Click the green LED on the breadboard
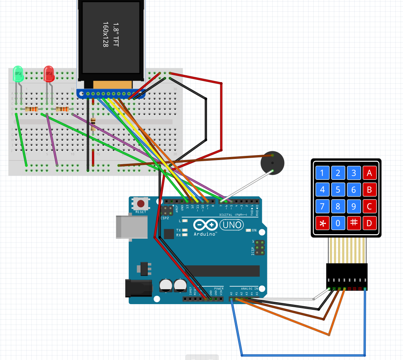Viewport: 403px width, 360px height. click(x=18, y=74)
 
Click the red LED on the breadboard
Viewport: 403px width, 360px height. click(x=49, y=74)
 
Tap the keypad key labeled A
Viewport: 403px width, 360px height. click(x=369, y=173)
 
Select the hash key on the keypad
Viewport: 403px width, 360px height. click(x=354, y=223)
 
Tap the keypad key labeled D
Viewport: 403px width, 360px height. click(x=369, y=223)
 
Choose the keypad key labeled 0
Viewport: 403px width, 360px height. click(x=338, y=223)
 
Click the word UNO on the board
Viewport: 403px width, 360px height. click(x=232, y=225)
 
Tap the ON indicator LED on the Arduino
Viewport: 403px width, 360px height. click(x=249, y=230)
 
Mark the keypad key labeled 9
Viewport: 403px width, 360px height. click(x=354, y=207)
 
